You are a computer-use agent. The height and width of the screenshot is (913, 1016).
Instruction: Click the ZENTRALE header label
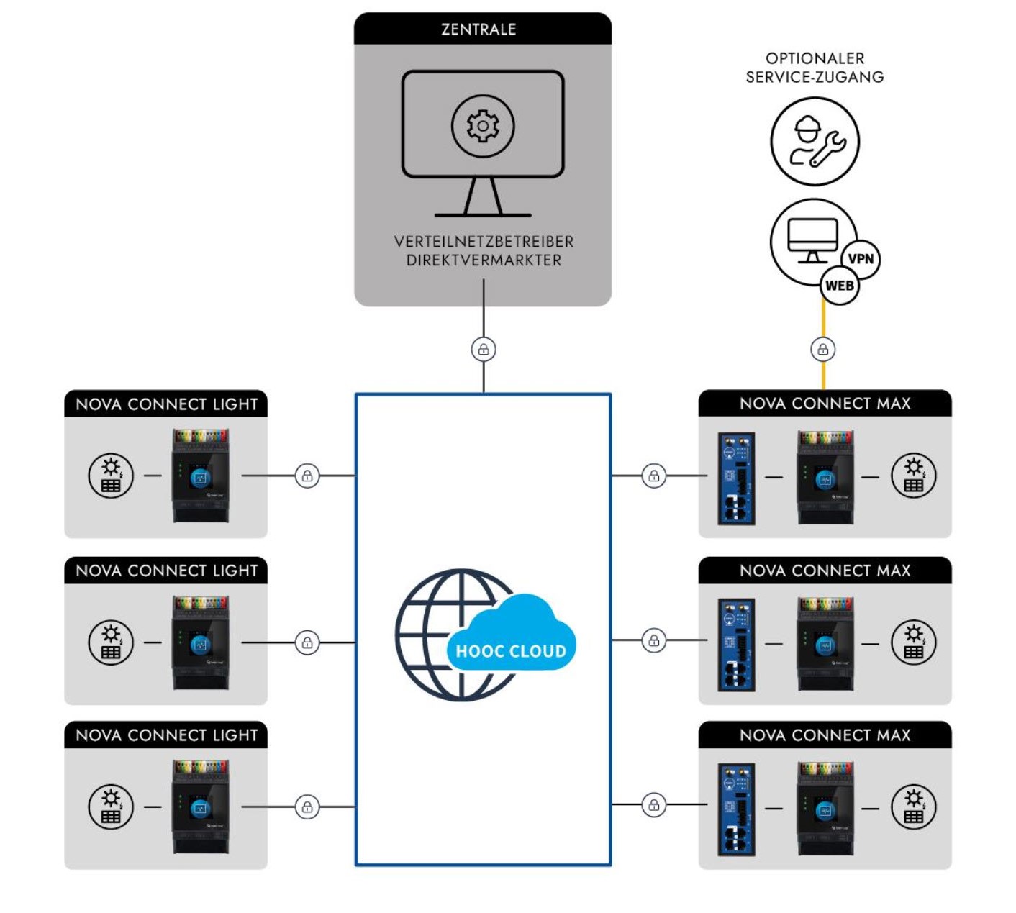pyautogui.click(x=478, y=29)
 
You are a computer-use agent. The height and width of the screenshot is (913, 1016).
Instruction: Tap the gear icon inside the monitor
pyautogui.click(x=483, y=126)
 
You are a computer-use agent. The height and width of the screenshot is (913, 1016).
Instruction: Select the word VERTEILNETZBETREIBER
pyautogui.click(x=484, y=242)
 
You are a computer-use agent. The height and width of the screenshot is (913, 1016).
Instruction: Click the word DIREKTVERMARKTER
pyautogui.click(x=484, y=260)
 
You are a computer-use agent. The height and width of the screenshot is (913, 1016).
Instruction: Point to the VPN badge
pyautogui.click(x=861, y=259)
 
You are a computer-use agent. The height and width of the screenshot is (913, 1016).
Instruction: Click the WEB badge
pyautogui.click(x=839, y=286)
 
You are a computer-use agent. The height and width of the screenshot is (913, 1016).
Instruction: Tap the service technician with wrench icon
pyautogui.click(x=815, y=142)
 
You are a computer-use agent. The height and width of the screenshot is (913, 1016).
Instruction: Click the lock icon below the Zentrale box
pyautogui.click(x=484, y=350)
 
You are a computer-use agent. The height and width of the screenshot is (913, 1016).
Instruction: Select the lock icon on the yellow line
pyautogui.click(x=823, y=350)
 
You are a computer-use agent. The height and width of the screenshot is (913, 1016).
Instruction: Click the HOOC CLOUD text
pyautogui.click(x=511, y=651)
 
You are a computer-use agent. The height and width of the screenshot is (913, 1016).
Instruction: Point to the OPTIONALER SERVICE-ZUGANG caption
pyautogui.click(x=815, y=68)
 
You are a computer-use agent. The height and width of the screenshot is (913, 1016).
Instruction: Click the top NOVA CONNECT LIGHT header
pyautogui.click(x=166, y=404)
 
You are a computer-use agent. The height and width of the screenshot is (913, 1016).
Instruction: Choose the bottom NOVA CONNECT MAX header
pyautogui.click(x=825, y=735)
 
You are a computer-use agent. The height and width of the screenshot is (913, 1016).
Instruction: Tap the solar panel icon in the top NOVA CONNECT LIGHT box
pyautogui.click(x=111, y=476)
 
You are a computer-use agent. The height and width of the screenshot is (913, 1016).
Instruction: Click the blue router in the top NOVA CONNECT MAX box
pyautogui.click(x=736, y=478)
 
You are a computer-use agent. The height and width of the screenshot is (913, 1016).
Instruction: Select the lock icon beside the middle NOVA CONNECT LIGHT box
pyautogui.click(x=307, y=642)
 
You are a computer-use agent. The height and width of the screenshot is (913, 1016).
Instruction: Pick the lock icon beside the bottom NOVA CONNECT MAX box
pyautogui.click(x=653, y=805)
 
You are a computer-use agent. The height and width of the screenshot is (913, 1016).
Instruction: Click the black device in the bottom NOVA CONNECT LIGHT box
pyautogui.click(x=200, y=807)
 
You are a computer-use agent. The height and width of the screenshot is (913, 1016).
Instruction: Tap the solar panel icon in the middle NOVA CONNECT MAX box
pyautogui.click(x=913, y=642)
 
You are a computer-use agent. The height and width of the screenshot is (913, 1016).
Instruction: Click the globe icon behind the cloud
pyautogui.click(x=432, y=633)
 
